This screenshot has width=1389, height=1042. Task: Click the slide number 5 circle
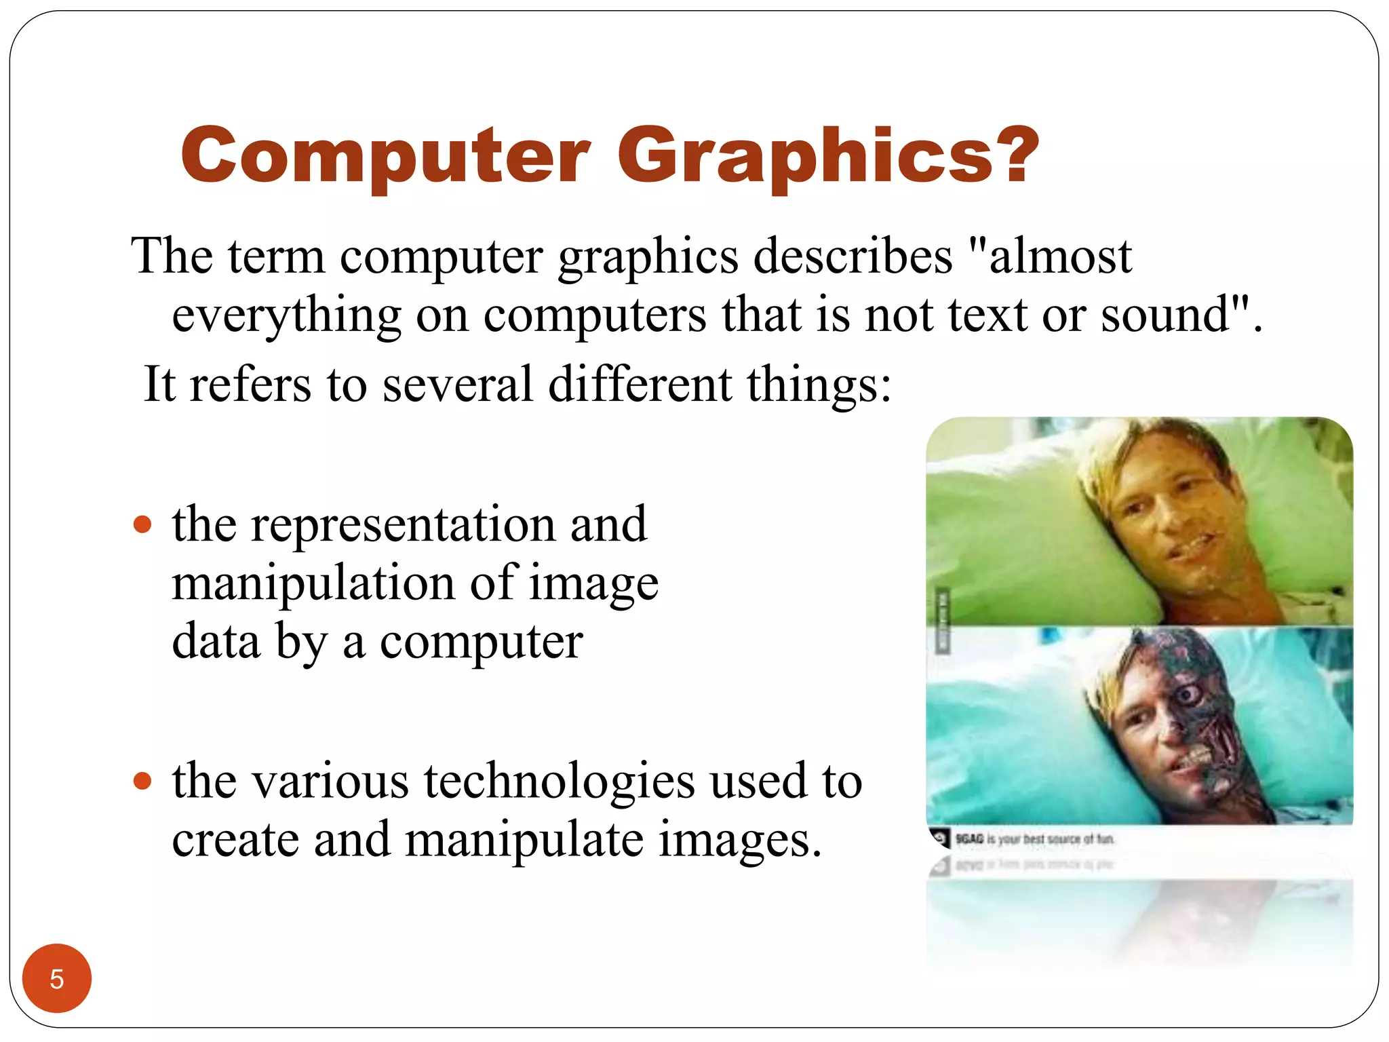click(57, 978)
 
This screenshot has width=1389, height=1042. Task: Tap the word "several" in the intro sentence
click(458, 385)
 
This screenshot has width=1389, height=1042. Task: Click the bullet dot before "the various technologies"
click(142, 781)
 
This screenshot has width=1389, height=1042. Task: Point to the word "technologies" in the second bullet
click(560, 781)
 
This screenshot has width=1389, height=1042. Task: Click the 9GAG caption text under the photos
click(1034, 839)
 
